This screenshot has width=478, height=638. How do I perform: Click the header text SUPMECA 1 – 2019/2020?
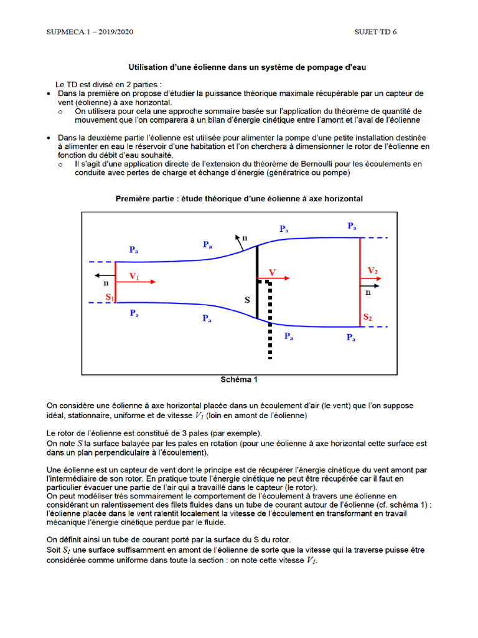click(x=90, y=32)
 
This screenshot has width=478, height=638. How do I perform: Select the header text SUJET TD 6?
click(x=375, y=32)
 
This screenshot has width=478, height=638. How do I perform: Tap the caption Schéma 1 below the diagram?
click(x=239, y=379)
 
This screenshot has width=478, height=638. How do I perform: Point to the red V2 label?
click(x=373, y=270)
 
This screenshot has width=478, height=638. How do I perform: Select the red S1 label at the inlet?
click(x=110, y=298)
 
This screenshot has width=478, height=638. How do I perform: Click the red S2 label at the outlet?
click(x=368, y=318)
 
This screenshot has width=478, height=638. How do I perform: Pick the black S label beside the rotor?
click(x=247, y=300)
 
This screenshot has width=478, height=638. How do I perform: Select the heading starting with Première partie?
click(x=239, y=199)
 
